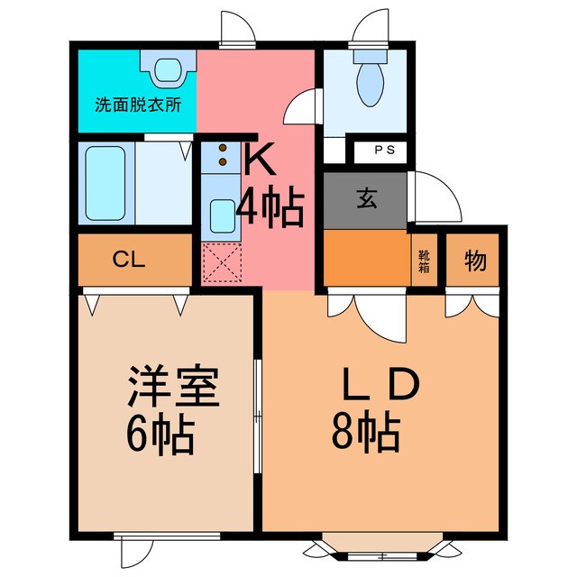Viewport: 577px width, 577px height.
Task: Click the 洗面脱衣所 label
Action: click(x=139, y=103)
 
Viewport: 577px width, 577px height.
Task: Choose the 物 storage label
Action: click(x=475, y=261)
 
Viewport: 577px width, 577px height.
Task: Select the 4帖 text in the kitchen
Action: click(x=269, y=209)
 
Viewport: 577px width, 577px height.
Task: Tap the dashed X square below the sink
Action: click(x=219, y=263)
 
